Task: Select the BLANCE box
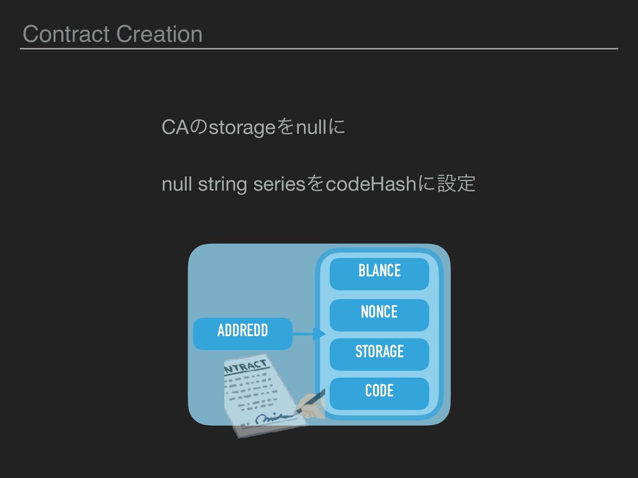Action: (379, 272)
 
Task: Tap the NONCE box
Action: (379, 312)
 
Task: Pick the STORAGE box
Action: (379, 352)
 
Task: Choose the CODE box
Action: (379, 391)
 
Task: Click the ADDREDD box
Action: (242, 331)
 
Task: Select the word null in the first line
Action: (311, 128)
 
